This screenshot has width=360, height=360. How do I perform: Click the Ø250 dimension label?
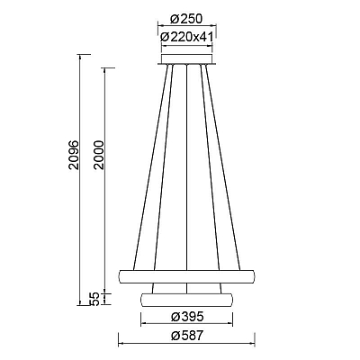(186, 19)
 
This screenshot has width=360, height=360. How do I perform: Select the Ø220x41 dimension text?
(186, 37)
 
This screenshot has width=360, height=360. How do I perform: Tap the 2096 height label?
(74, 155)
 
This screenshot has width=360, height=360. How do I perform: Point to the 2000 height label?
(98, 155)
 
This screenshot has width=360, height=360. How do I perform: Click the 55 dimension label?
(94, 299)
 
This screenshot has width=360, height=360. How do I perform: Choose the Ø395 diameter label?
(187, 317)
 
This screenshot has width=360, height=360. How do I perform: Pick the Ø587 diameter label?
(187, 336)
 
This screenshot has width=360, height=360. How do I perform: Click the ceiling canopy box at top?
(187, 59)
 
